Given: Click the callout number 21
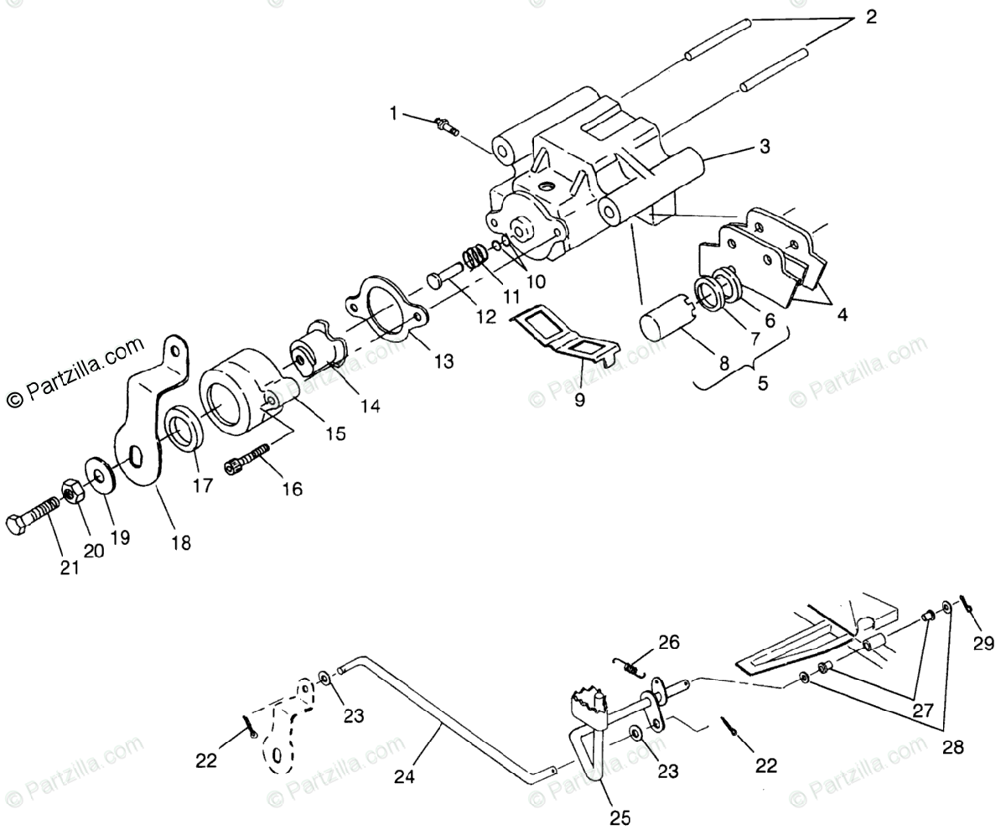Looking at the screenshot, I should point(69,568).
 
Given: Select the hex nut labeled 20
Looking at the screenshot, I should point(73,491).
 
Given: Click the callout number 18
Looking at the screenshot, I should point(180,542).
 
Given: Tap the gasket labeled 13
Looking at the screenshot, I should point(386,314).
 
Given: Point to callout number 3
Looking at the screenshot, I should point(764,146).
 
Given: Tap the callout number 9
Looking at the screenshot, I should point(580,400).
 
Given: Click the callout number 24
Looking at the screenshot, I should point(405,776).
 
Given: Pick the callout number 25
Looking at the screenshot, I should point(620,815).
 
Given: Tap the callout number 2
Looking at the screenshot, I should point(871,17).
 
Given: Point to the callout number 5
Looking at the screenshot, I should point(762,384).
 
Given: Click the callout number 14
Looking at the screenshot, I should point(370,406).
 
